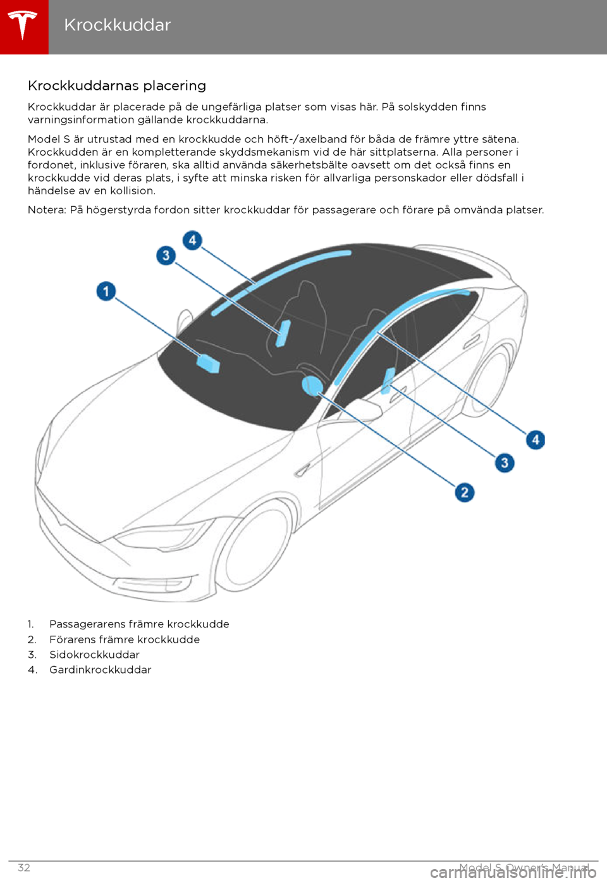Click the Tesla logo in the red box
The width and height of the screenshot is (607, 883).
point(23,25)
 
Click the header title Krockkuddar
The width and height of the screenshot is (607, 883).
point(117,25)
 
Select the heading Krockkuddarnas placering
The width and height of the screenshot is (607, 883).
point(117,85)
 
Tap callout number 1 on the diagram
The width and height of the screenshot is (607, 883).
point(106,291)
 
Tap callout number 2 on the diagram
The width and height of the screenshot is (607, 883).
point(465,492)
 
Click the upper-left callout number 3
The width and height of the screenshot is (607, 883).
point(166,256)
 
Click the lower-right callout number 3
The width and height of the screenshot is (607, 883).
point(505,462)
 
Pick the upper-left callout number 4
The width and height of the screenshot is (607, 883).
point(192,240)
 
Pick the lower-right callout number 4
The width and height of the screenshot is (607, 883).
point(536,440)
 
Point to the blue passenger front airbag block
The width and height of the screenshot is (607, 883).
point(208,364)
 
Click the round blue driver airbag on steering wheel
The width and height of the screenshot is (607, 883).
point(312,385)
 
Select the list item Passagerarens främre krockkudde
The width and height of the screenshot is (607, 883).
point(139,624)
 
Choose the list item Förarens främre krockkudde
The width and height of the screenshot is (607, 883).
point(125,639)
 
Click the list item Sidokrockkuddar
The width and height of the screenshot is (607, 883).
point(94,655)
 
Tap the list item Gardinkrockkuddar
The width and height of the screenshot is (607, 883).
point(101,670)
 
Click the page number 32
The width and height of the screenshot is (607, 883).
point(23,868)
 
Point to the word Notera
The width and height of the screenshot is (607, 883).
point(46,210)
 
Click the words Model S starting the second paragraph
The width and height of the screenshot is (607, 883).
point(49,139)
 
